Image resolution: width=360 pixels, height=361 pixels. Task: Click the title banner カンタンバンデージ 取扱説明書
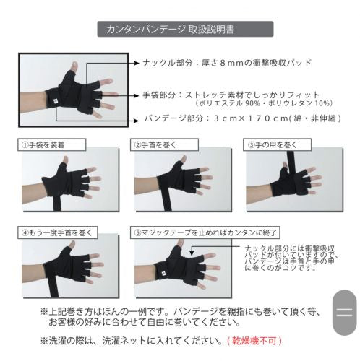pyautogui.click(x=185, y=29)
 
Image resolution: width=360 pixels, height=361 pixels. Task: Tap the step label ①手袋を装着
pyautogui.click(x=51, y=144)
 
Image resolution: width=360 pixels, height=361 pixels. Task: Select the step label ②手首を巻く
pyautogui.click(x=164, y=144)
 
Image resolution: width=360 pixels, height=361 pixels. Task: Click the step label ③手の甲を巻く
pyautogui.click(x=277, y=144)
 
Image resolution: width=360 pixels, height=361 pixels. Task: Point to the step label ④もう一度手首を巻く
pyautogui.click(x=57, y=232)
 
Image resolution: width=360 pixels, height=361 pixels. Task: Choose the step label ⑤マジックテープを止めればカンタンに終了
pyautogui.click(x=205, y=232)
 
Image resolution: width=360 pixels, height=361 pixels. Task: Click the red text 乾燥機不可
pyautogui.click(x=254, y=341)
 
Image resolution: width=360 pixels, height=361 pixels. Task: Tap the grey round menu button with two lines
pyautogui.click(x=344, y=313)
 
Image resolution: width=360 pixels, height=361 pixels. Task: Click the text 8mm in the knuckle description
pyautogui.click(x=231, y=63)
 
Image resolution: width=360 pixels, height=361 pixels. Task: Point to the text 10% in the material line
pyautogui.click(x=322, y=103)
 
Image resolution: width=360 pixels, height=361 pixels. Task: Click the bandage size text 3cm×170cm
pyautogui.click(x=251, y=118)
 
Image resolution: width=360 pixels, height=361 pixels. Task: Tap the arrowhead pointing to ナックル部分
pyautogui.click(x=137, y=63)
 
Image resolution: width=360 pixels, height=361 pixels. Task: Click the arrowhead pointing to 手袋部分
pyautogui.click(x=137, y=96)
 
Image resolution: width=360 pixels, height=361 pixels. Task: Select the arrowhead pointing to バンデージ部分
pyautogui.click(x=137, y=121)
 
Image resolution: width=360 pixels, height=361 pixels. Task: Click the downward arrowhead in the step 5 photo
pyautogui.click(x=192, y=253)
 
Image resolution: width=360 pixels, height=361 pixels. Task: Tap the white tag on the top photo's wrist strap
pyautogui.click(x=55, y=101)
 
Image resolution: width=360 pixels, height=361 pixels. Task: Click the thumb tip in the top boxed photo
pyautogui.click(x=74, y=64)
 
